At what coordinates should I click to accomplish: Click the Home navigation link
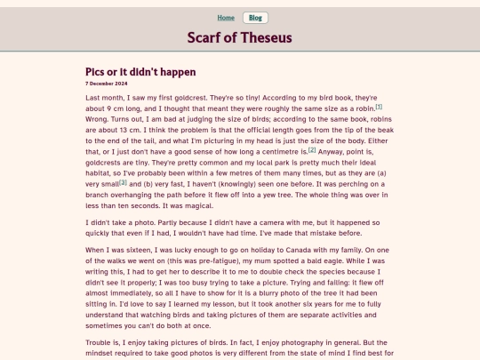click(226, 18)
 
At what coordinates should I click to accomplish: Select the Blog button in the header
click(255, 18)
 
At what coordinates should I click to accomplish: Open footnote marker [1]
click(379, 106)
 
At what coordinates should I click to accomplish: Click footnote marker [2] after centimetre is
click(312, 148)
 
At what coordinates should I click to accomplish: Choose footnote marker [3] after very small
click(124, 181)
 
